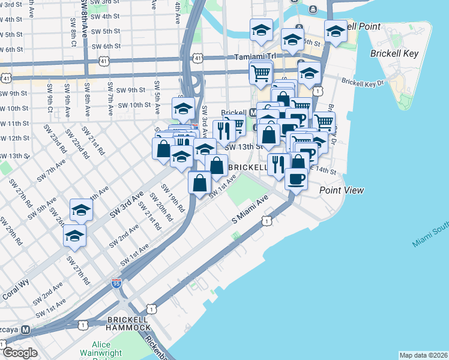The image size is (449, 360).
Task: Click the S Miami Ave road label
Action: pyautogui.click(x=249, y=211)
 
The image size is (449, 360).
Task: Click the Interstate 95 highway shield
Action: pyautogui.click(x=116, y=283)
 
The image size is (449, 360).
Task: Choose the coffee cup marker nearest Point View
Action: pyautogui.click(x=295, y=178)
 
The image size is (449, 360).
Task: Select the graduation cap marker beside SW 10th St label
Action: pyautogui.click(x=182, y=108)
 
